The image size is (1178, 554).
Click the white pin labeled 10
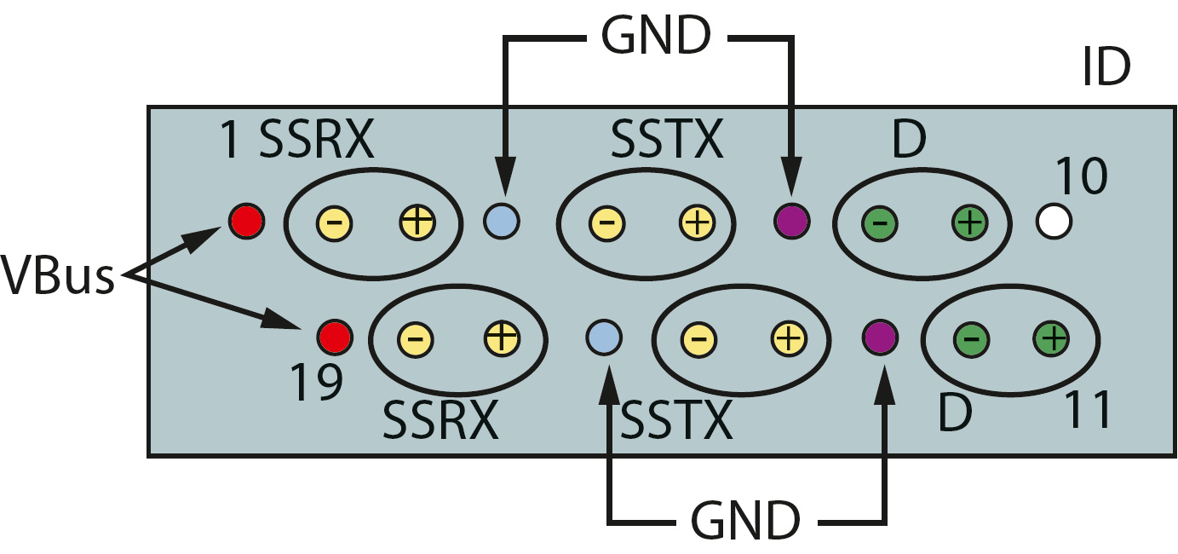click(x=1054, y=222)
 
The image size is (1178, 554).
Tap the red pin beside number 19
click(x=333, y=337)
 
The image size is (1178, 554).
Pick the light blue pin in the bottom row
click(x=603, y=337)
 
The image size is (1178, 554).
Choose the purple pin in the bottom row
click(x=879, y=337)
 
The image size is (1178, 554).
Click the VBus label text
click(x=58, y=277)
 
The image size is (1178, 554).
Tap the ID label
click(x=1105, y=69)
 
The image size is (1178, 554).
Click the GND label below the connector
click(x=745, y=518)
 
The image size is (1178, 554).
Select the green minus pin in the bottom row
click(x=975, y=338)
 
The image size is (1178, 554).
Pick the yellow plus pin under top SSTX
click(x=696, y=223)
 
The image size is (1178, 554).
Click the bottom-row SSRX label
click(x=440, y=419)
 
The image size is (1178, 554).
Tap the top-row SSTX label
click(x=667, y=140)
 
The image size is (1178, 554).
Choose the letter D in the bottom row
click(x=956, y=413)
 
